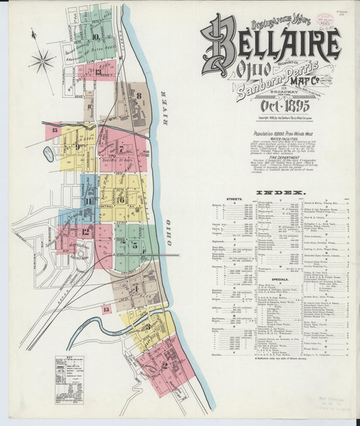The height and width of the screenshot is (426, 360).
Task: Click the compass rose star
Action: (x=42, y=61)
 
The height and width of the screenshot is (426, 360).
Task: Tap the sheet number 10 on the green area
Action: (x=96, y=37)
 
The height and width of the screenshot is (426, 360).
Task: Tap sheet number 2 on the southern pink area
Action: (x=164, y=365)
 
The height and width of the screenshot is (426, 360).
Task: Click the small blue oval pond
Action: (x=49, y=154)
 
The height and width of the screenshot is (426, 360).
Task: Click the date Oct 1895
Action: (x=284, y=106)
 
